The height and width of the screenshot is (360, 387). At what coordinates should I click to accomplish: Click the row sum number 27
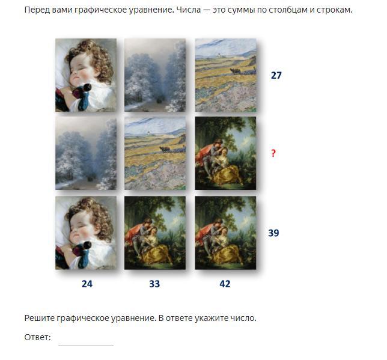(276, 75)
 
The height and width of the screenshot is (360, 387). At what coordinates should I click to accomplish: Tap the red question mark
(273, 153)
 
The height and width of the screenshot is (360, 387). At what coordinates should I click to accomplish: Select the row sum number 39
(273, 233)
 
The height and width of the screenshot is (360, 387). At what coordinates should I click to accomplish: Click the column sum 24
(87, 284)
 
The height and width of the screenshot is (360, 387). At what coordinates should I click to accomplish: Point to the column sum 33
(154, 284)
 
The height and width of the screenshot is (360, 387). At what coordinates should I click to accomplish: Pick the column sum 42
(225, 284)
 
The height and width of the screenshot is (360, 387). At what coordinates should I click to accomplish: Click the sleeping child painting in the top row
(86, 75)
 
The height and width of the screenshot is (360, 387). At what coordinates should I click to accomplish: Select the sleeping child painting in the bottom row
(86, 233)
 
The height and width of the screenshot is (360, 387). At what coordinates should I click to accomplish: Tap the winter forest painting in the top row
(155, 75)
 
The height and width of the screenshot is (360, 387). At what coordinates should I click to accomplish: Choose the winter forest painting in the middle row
(86, 153)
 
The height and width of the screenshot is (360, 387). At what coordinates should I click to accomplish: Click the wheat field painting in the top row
(225, 75)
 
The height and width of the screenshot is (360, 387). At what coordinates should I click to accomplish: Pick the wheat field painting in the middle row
(155, 153)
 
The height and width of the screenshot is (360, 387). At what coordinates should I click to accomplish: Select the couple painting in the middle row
(225, 153)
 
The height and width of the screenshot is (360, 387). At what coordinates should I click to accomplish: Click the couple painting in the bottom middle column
(155, 233)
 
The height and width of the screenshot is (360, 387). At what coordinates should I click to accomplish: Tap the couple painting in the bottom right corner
(225, 233)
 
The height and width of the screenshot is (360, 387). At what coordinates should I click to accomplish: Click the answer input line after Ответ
(86, 346)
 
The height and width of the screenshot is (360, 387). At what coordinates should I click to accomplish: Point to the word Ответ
(37, 337)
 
